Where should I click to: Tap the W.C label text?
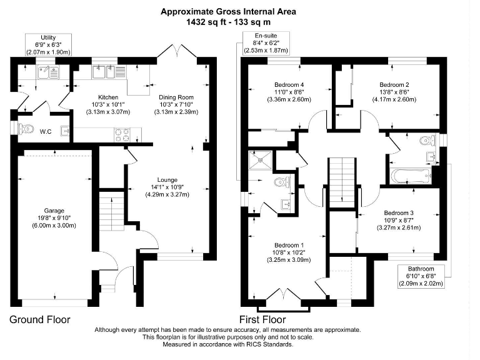coord(46,131)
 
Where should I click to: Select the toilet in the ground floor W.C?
coord(26,129)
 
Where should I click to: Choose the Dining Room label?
coord(176,97)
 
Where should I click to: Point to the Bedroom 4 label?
coord(289,84)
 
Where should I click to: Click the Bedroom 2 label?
coord(394,84)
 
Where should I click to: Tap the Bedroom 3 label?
coord(398,212)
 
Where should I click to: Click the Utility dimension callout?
coord(48,46)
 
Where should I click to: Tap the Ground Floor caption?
coord(40,319)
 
